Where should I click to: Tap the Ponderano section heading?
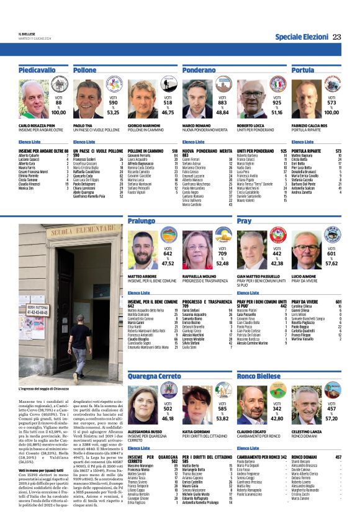point(198,70)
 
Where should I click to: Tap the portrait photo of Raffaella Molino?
point(197,250)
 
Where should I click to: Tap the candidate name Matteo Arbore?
point(141,276)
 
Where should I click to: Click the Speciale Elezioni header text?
point(302,37)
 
